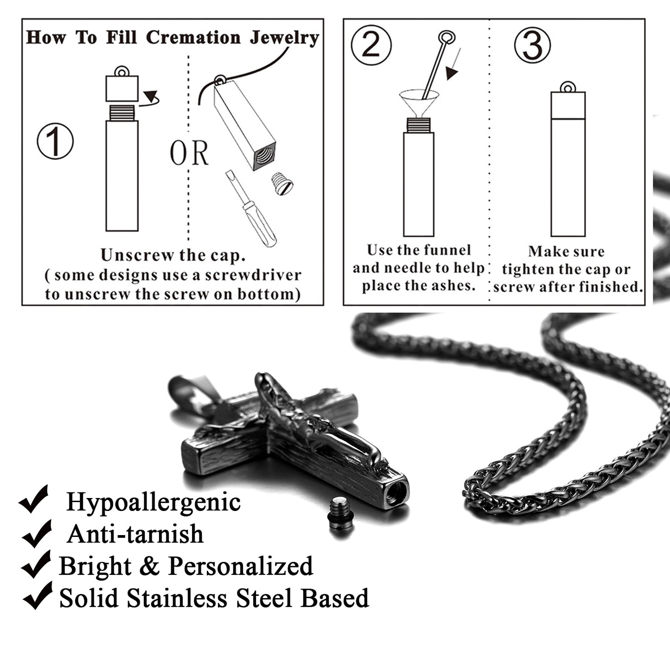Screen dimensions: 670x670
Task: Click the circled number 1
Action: [55, 141]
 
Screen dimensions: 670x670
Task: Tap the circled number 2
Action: [371, 45]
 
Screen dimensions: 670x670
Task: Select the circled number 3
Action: [532, 45]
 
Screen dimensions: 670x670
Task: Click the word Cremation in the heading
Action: [193, 37]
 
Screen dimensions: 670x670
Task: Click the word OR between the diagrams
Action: [189, 153]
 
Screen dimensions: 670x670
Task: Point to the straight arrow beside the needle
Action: [453, 64]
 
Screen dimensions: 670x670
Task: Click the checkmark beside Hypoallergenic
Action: [34, 499]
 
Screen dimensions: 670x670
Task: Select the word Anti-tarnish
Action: [135, 534]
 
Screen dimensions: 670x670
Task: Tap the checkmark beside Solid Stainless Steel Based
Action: [38, 596]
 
